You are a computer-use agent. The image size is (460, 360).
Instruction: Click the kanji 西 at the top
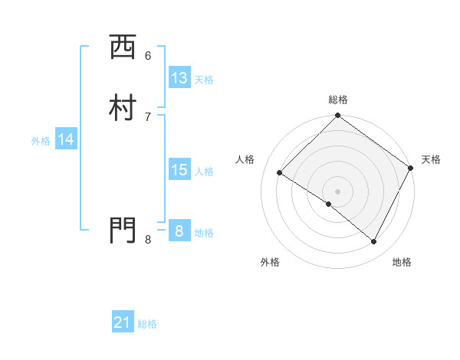click(x=123, y=49)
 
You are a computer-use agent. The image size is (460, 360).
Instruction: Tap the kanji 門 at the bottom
click(x=123, y=230)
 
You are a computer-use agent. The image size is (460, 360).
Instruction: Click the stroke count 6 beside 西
click(x=148, y=55)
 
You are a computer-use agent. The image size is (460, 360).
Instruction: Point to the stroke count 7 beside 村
click(x=148, y=116)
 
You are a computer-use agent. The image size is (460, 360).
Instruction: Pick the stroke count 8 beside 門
click(x=148, y=240)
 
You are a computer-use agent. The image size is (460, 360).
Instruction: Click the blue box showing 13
click(x=179, y=78)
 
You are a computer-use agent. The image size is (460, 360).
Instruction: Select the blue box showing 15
click(x=179, y=170)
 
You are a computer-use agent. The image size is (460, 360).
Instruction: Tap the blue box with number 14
click(x=66, y=139)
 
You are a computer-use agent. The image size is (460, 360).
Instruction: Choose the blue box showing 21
click(x=123, y=323)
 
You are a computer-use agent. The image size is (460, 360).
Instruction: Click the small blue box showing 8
click(x=179, y=231)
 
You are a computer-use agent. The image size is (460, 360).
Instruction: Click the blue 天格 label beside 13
click(x=204, y=80)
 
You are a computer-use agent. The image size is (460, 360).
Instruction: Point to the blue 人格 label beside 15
click(x=205, y=172)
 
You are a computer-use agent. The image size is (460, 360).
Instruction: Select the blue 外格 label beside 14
click(x=41, y=141)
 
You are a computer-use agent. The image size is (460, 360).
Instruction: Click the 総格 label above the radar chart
click(x=338, y=100)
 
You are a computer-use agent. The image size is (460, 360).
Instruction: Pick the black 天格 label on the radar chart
click(x=431, y=159)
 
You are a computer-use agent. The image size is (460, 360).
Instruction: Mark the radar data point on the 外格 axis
click(x=329, y=204)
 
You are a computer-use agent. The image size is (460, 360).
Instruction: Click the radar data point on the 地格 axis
click(x=374, y=242)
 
